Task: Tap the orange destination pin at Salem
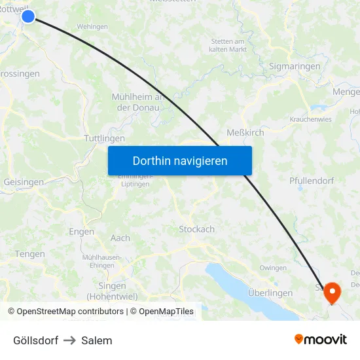332,291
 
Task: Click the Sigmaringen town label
295,66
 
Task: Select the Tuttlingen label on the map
104,139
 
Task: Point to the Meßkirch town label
245,132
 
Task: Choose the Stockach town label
196,229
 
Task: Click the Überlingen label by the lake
270,293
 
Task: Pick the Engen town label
81,231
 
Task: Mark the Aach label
120,238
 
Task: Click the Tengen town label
30,254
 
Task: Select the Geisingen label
24,182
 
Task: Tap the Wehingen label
92,26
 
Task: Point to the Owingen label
273,268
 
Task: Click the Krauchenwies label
310,119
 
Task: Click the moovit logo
320,339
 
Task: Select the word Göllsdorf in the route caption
35,340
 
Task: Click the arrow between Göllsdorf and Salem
70,340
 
